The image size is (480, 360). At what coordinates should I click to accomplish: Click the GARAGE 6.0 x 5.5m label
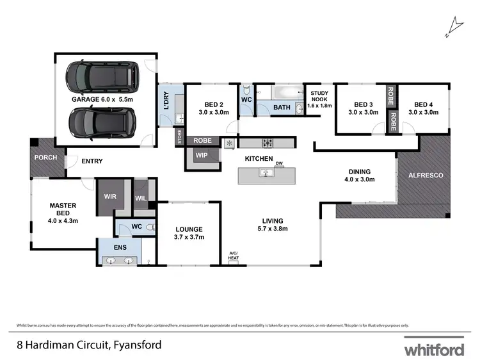[x=102, y=100]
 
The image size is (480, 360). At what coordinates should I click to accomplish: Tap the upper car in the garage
[x=104, y=76]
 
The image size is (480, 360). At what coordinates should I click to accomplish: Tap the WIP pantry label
[x=201, y=155]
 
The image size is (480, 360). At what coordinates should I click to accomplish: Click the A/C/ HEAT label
[x=234, y=256]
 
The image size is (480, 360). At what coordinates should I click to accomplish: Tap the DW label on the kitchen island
[x=279, y=164]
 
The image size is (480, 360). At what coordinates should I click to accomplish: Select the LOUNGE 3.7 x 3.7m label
[x=189, y=233]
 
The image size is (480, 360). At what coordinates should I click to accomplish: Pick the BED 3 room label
[x=363, y=108]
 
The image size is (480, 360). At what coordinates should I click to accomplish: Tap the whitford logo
[x=434, y=348]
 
